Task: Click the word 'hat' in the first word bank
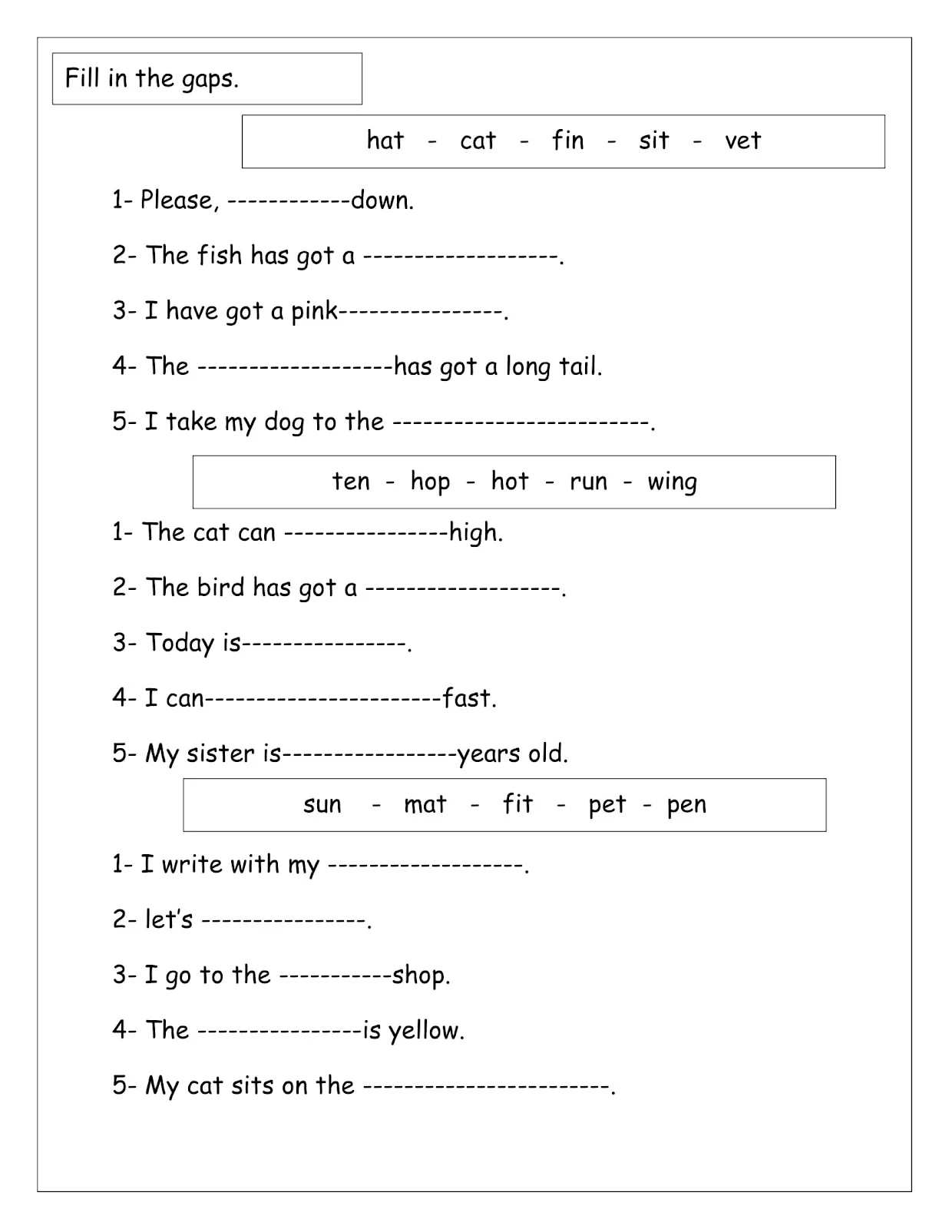pyautogui.click(x=385, y=140)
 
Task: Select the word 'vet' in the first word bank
pyautogui.click(x=742, y=141)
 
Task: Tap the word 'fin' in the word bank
pyautogui.click(x=567, y=140)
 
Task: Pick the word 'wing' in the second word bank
pyautogui.click(x=672, y=482)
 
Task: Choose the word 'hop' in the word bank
pyautogui.click(x=430, y=482)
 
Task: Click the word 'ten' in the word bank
pyautogui.click(x=351, y=482)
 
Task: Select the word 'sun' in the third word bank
pyautogui.click(x=322, y=804)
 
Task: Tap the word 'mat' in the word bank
pyautogui.click(x=425, y=804)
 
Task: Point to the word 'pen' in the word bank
pyautogui.click(x=686, y=805)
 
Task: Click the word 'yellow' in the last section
pyautogui.click(x=425, y=1031)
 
